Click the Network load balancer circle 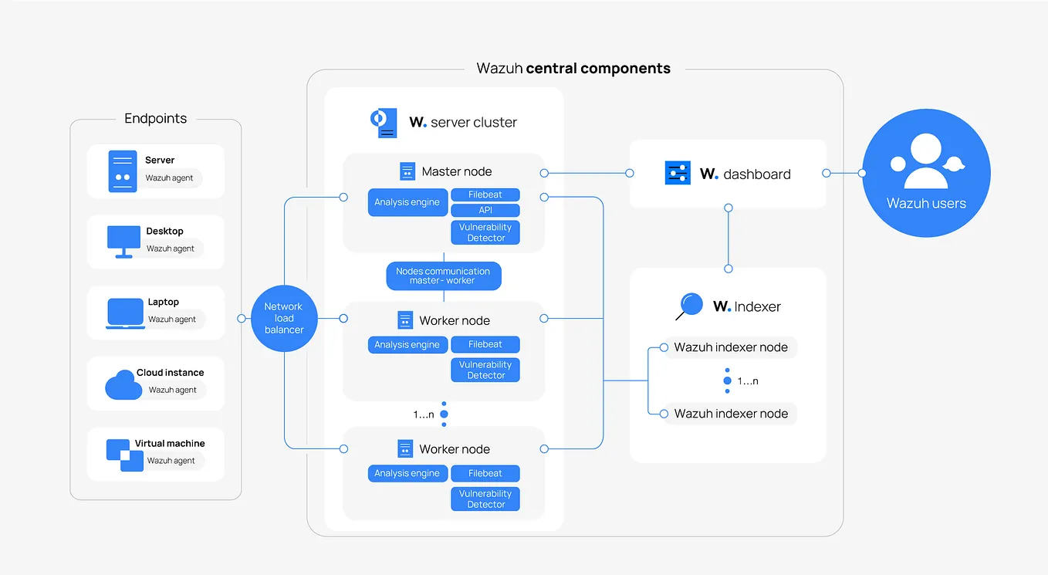point(284,318)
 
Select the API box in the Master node point(485,210)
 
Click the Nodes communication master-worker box point(443,276)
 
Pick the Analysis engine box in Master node point(407,202)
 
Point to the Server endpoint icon point(123,171)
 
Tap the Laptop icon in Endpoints point(125,313)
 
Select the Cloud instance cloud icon point(123,384)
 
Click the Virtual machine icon point(125,455)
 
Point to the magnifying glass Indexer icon point(688,306)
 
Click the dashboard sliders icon point(678,174)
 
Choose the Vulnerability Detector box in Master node point(485,232)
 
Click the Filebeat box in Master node point(485,194)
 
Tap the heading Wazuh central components point(573,68)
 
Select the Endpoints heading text point(155,119)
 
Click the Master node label point(456,171)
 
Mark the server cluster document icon point(384,123)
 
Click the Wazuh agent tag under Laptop point(172,320)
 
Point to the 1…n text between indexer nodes point(748,381)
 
